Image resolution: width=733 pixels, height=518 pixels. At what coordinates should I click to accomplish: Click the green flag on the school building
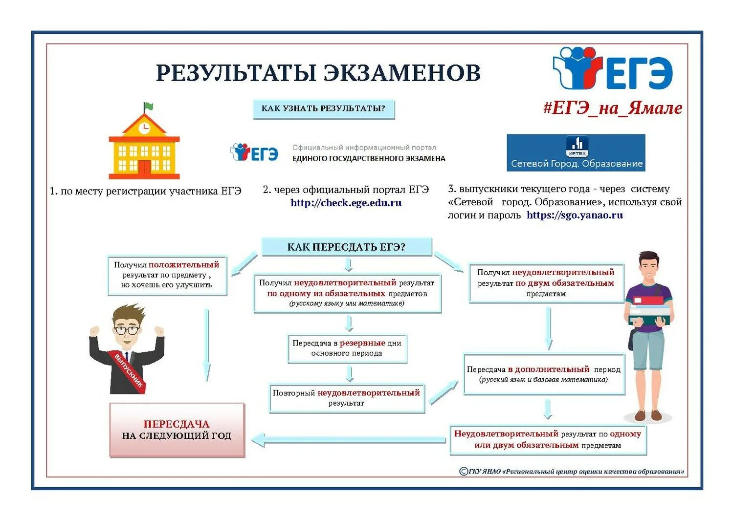149,106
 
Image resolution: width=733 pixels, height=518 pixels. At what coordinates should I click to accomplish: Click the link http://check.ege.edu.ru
346,203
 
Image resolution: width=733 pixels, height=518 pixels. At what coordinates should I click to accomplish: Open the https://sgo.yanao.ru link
575,215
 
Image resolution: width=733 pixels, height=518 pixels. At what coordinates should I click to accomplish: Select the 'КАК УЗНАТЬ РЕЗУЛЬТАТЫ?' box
323,108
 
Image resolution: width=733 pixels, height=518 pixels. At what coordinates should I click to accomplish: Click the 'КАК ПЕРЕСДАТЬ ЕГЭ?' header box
346,247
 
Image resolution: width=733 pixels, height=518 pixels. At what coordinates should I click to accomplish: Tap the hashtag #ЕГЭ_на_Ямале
612,108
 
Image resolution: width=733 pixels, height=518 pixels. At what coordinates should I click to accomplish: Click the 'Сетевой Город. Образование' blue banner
576,153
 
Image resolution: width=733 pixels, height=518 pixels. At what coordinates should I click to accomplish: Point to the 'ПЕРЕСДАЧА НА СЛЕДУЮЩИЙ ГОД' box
177,430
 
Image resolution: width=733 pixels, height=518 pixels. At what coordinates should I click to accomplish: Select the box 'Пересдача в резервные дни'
347,348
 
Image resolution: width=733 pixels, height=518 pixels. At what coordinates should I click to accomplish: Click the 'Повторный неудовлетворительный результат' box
347,398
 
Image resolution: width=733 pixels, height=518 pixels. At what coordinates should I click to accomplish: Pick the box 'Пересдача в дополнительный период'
544,374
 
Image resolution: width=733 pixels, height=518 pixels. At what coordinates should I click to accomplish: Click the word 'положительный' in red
184,265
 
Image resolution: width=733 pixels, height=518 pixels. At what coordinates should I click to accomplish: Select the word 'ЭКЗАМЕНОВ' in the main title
402,73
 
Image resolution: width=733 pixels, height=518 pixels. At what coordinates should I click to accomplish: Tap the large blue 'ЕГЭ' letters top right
640,73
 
